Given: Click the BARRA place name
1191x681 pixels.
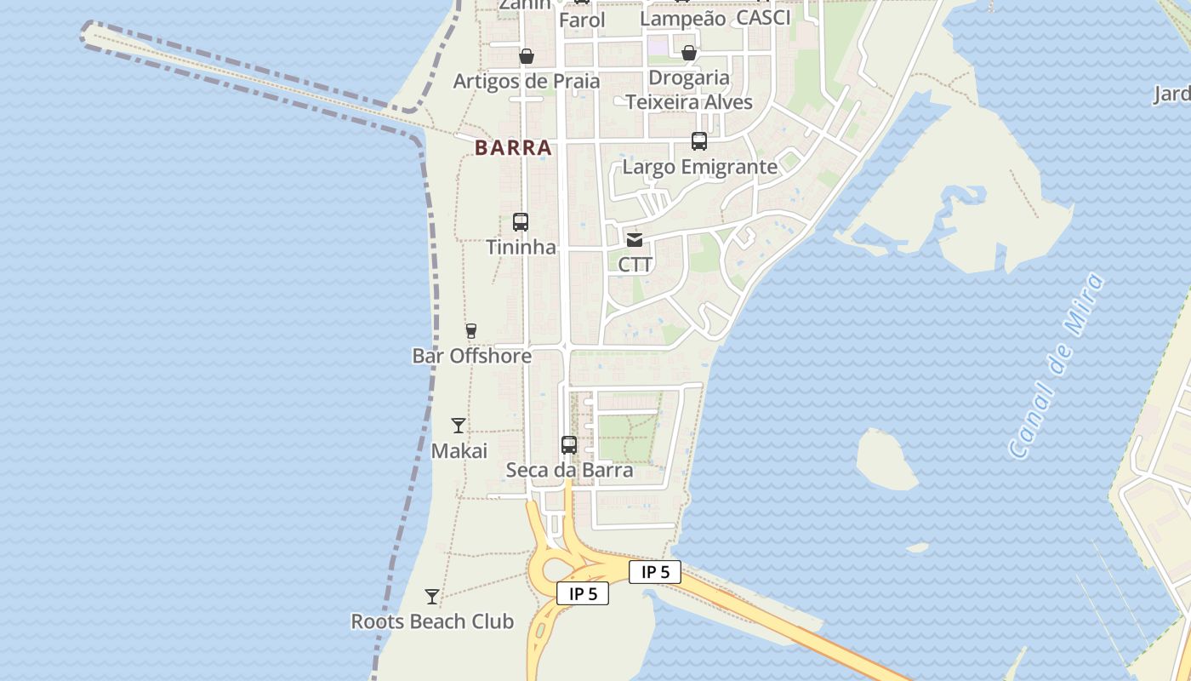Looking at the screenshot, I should point(513,147).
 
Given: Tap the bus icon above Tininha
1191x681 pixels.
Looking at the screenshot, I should point(521,222).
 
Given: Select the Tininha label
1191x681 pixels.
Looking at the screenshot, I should point(521,248).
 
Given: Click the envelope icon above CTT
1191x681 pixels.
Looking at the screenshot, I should point(635,239).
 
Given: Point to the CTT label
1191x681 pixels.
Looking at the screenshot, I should point(635,265).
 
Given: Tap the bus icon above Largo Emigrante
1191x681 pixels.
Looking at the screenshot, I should point(699,141).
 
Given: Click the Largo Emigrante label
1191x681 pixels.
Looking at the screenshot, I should point(699,167).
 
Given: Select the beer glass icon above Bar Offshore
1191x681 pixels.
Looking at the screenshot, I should point(470,330).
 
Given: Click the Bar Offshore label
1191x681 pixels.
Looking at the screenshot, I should point(471,356).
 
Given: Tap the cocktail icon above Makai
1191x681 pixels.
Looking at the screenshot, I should point(459,425).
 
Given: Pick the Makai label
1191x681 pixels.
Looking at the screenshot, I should point(459,450).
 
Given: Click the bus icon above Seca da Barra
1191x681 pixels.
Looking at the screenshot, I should point(569,444).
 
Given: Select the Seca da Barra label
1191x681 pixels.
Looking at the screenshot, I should point(569,470).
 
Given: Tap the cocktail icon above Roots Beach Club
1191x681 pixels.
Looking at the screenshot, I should point(432,596).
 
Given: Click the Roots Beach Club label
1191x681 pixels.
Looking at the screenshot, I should point(432,621).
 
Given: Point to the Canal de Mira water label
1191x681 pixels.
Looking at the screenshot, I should point(1055,366).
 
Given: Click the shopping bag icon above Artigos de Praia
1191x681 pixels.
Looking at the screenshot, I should point(527,56).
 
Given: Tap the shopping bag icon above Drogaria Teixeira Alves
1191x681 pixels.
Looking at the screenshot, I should point(689,53).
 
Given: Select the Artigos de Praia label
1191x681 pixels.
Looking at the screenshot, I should point(527,82).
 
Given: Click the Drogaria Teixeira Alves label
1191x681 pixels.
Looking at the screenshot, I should point(689,90).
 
